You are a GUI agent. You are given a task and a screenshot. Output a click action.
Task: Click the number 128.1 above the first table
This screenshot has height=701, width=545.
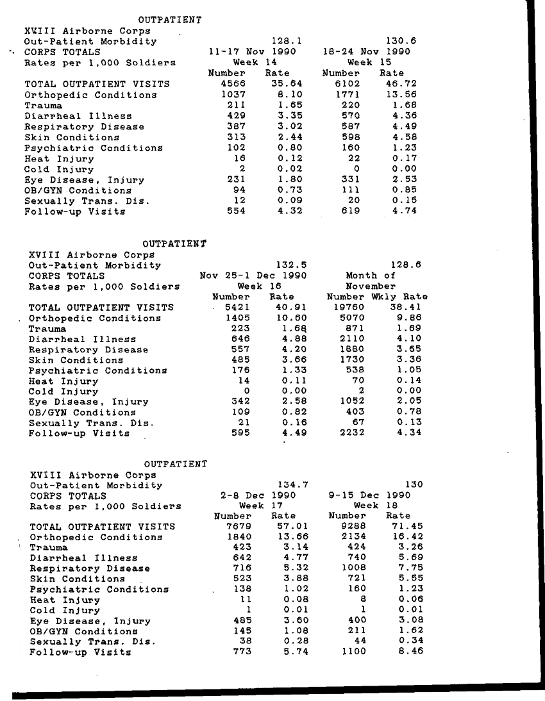(287, 41)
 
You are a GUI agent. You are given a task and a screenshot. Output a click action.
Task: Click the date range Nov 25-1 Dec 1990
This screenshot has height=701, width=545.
(253, 276)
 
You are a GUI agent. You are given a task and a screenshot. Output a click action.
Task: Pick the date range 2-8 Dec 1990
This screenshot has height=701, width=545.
(258, 495)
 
